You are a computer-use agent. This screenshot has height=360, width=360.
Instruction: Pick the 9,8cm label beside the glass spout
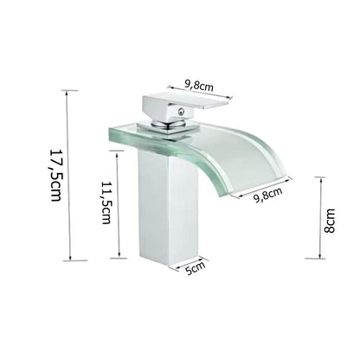[269, 196]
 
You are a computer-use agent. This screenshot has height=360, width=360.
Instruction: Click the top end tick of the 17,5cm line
[68, 90]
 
